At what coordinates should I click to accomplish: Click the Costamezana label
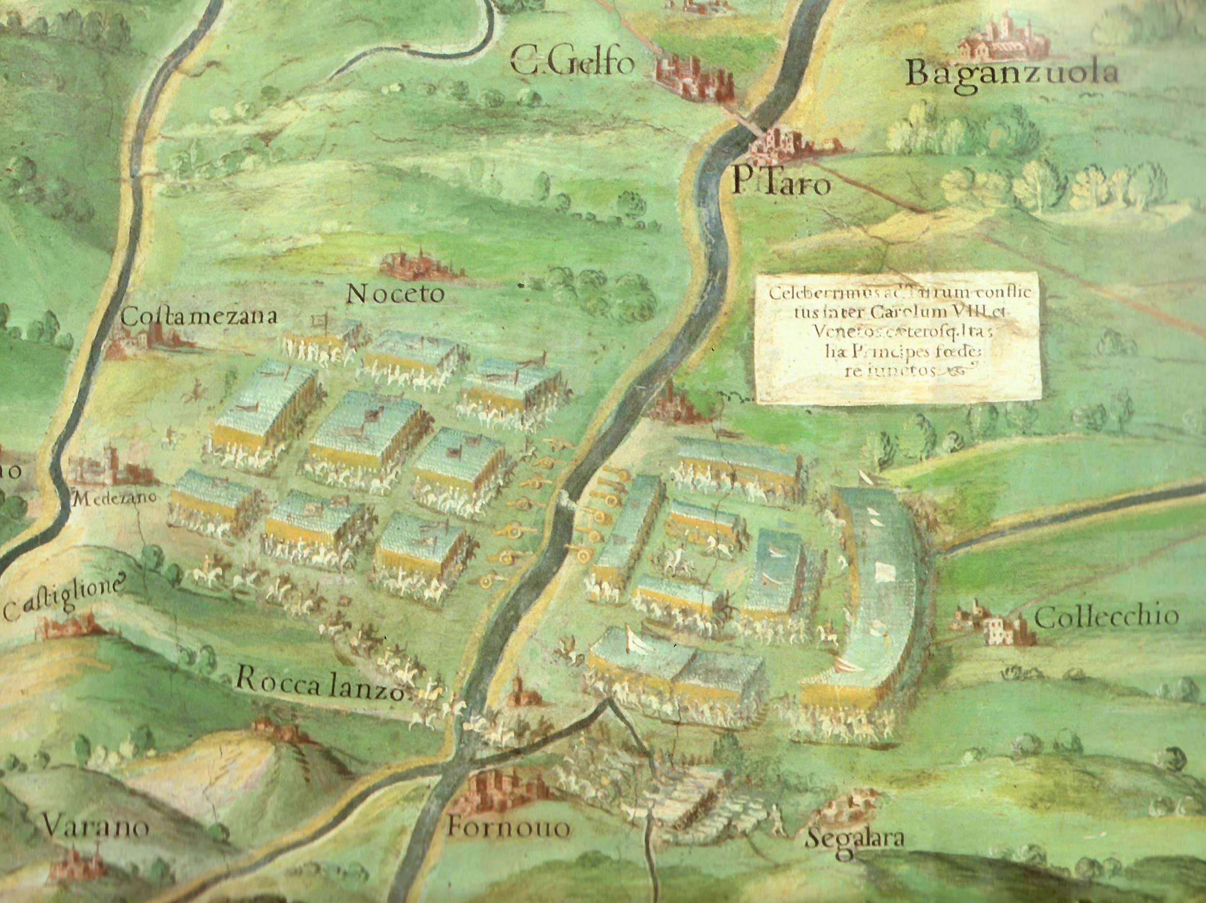[x=199, y=317]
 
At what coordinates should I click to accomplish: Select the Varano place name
[x=96, y=827]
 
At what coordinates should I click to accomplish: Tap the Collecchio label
[x=1106, y=617]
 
